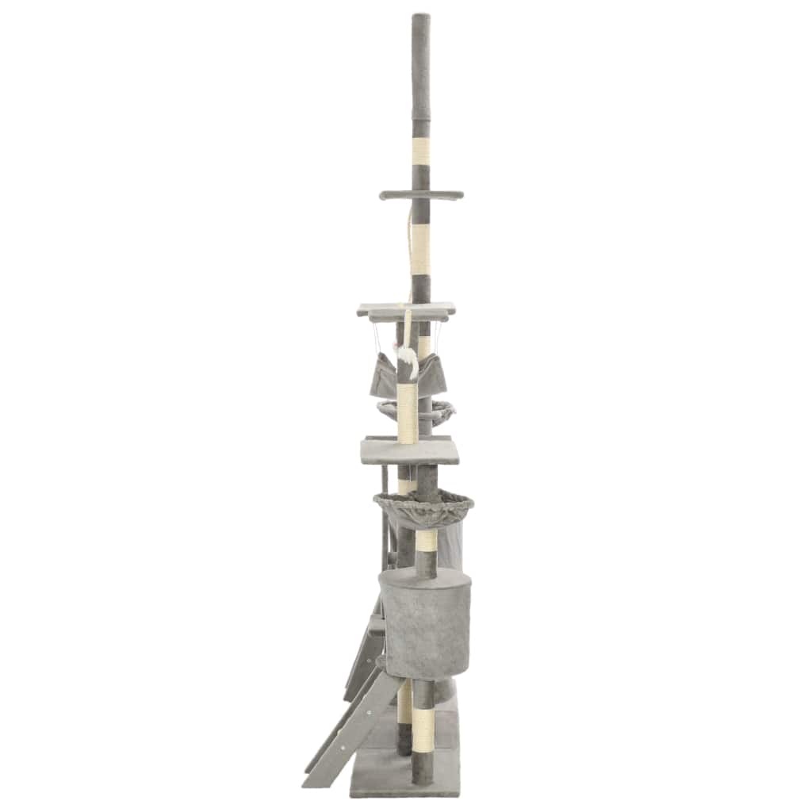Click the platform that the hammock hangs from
pyautogui.click(x=406, y=309)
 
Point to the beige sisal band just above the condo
pyautogui.click(x=427, y=542)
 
